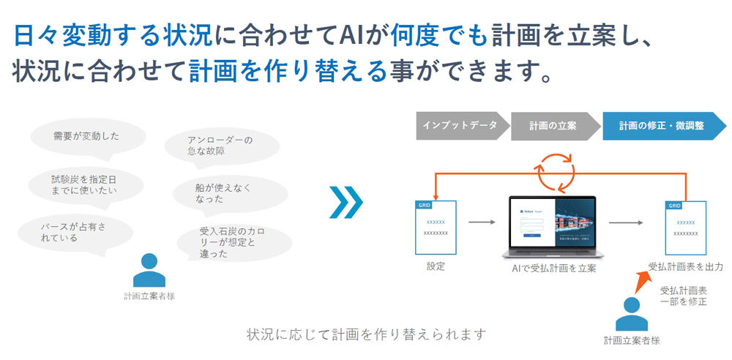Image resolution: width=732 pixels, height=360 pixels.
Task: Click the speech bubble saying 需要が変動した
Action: coord(86,136)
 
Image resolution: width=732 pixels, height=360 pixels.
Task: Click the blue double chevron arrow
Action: coord(344,202)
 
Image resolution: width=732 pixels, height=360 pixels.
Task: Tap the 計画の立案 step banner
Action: coord(553,125)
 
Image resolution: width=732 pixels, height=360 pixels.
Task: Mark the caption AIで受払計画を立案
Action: coord(553,269)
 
